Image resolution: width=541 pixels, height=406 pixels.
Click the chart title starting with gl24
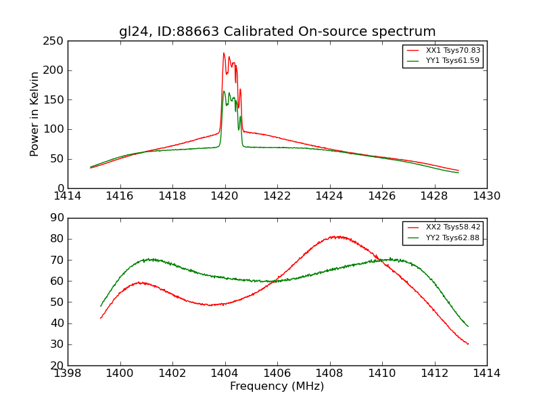pyautogui.click(x=277, y=32)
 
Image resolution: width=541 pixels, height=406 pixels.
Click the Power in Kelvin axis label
pyautogui.click(x=35, y=114)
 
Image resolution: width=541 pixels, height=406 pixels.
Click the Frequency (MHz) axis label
pyautogui.click(x=277, y=386)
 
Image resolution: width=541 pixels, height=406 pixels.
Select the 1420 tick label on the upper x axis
pyautogui.click(x=225, y=196)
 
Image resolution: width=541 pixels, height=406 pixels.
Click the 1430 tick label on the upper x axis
pyautogui.click(x=486, y=196)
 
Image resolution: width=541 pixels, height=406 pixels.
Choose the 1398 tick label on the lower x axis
pyautogui.click(x=68, y=374)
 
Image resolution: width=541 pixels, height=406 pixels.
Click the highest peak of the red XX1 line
pyautogui.click(x=224, y=53)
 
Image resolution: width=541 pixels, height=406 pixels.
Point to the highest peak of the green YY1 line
pyautogui.click(x=224, y=91)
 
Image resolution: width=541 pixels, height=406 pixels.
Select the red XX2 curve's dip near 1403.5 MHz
pyautogui.click(x=211, y=305)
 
